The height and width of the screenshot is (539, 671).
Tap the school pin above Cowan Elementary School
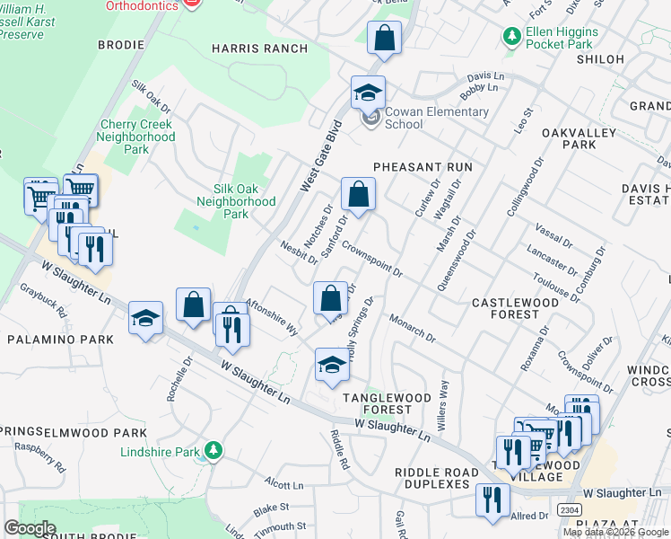(x=368, y=92)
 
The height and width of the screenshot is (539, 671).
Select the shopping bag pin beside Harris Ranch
(x=384, y=39)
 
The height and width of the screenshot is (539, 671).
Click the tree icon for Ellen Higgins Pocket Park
(x=511, y=37)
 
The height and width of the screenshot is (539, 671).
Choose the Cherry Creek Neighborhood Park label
(x=137, y=137)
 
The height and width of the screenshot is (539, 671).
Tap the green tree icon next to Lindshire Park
(x=213, y=449)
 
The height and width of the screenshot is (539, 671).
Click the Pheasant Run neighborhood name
(x=422, y=167)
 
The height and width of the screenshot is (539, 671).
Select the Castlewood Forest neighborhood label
(x=515, y=308)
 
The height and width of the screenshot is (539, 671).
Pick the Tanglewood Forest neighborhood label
(x=376, y=402)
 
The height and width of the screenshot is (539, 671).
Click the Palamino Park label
(x=60, y=340)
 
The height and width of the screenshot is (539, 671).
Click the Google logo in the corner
(x=30, y=528)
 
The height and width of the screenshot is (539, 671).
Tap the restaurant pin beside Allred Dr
(x=492, y=499)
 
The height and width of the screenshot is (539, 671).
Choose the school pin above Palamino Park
(x=145, y=318)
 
